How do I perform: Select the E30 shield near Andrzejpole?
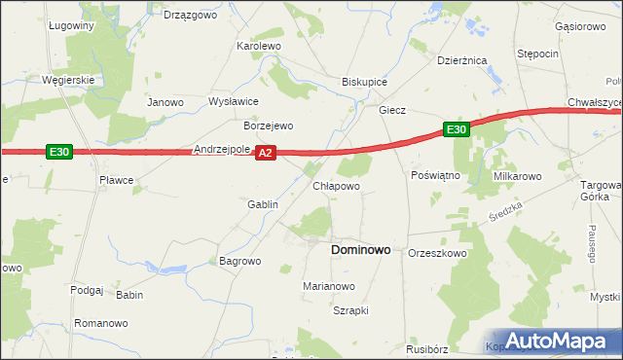point(58,151)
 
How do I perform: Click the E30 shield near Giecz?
point(457,128)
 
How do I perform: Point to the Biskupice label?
point(365,83)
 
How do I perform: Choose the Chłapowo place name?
point(337,185)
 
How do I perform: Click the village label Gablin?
point(263,204)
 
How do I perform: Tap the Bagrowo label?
point(240,261)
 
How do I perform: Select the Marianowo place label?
point(329,286)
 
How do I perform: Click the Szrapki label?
point(350,310)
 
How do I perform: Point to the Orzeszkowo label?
point(438,253)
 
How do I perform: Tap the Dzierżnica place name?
point(461,60)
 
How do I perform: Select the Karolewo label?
point(259,46)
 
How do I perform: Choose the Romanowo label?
point(101,322)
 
